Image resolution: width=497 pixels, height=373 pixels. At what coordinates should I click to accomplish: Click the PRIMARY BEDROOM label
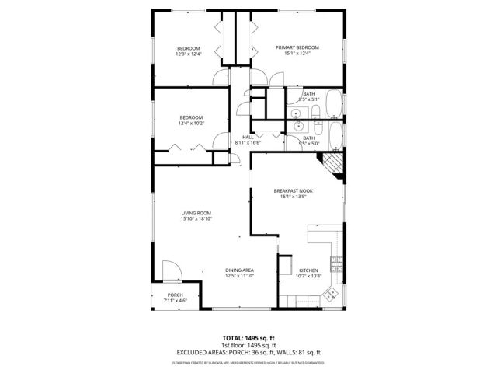pos(297,47)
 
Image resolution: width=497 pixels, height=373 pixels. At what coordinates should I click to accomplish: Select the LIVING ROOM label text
pos(196,212)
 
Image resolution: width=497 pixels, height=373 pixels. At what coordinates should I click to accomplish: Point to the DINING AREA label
pos(240,270)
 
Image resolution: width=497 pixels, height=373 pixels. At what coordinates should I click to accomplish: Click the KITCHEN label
pos(309,270)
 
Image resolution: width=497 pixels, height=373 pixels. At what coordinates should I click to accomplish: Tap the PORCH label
pos(176,295)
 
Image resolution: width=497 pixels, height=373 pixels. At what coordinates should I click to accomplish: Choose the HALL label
pos(248,137)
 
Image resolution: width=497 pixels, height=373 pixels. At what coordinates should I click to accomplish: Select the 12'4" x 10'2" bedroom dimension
pos(191,123)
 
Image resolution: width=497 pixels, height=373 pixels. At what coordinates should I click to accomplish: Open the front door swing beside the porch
pos(170,271)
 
